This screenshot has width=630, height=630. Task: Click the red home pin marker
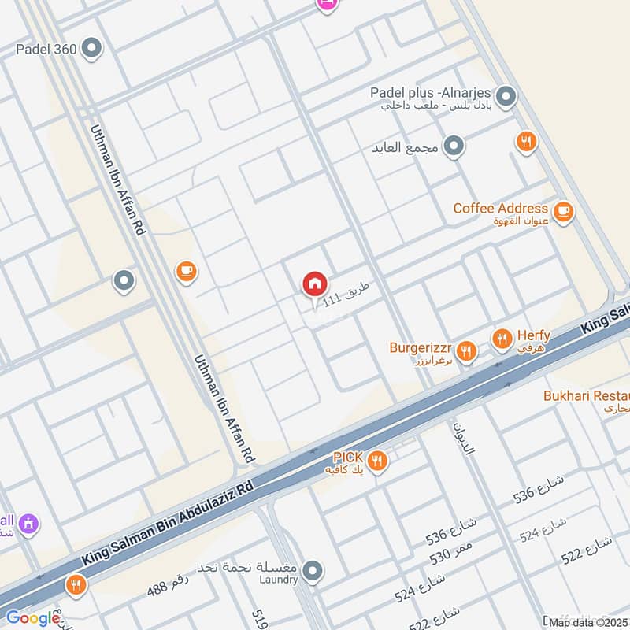point(314,283)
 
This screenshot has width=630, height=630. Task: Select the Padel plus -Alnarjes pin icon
point(506,97)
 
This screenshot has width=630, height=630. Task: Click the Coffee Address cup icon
point(562,211)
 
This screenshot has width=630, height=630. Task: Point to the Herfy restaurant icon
point(501,339)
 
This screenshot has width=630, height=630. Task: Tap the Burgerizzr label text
point(421,347)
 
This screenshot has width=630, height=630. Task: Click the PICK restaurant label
point(347,458)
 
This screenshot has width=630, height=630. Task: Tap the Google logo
point(33,618)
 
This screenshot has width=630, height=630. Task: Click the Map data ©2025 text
point(589,623)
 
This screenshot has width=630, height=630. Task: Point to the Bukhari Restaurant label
point(586,396)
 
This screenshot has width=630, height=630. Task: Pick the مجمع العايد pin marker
point(453,146)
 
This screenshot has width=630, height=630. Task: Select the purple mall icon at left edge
point(28,523)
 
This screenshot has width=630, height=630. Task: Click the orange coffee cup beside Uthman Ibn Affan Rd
point(186,272)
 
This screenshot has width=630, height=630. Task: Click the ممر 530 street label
point(451,551)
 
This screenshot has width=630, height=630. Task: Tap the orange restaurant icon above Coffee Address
point(526,142)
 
